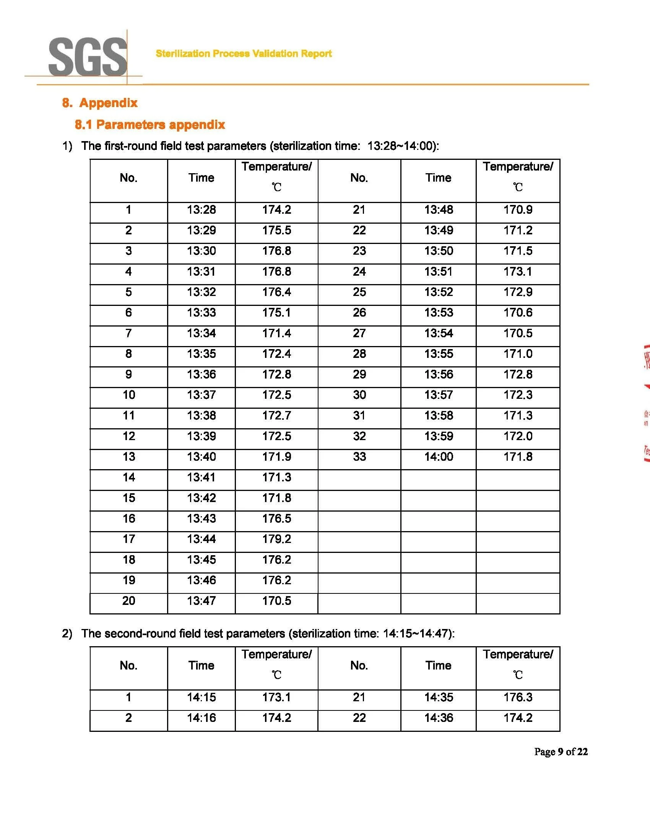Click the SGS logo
(88, 57)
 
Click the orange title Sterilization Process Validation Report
(244, 54)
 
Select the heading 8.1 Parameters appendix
(150, 125)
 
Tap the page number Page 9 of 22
(561, 751)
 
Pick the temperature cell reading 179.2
(276, 539)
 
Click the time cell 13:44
(201, 539)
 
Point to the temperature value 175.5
(276, 230)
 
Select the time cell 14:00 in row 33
(439, 457)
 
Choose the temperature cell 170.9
(518, 210)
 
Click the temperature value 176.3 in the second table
(518, 697)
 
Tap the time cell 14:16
(201, 718)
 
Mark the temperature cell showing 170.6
(518, 312)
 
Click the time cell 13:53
(439, 312)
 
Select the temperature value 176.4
(276, 292)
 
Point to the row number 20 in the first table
(129, 601)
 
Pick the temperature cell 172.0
(518, 436)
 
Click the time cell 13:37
(201, 395)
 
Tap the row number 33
(359, 457)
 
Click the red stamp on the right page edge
(646, 402)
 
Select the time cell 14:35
(439, 697)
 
